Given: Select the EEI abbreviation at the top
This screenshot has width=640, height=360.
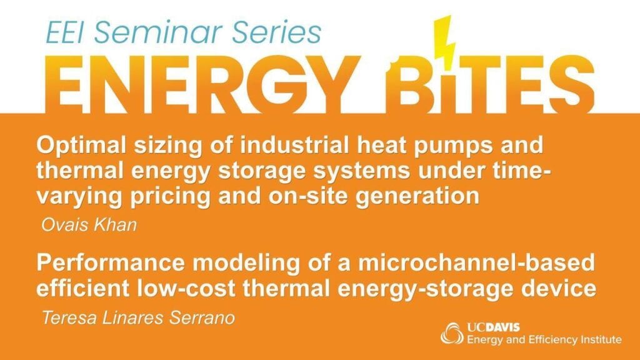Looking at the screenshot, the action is point(66,32).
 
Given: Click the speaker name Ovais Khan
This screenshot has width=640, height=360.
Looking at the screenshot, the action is point(89,225).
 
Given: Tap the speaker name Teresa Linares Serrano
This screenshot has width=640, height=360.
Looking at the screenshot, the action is point(138,317).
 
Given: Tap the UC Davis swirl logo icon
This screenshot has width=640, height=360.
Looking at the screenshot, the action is point(452,334).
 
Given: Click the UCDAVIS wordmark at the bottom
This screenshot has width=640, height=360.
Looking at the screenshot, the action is point(493,327).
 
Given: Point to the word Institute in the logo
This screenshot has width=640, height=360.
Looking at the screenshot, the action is point(601,339).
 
